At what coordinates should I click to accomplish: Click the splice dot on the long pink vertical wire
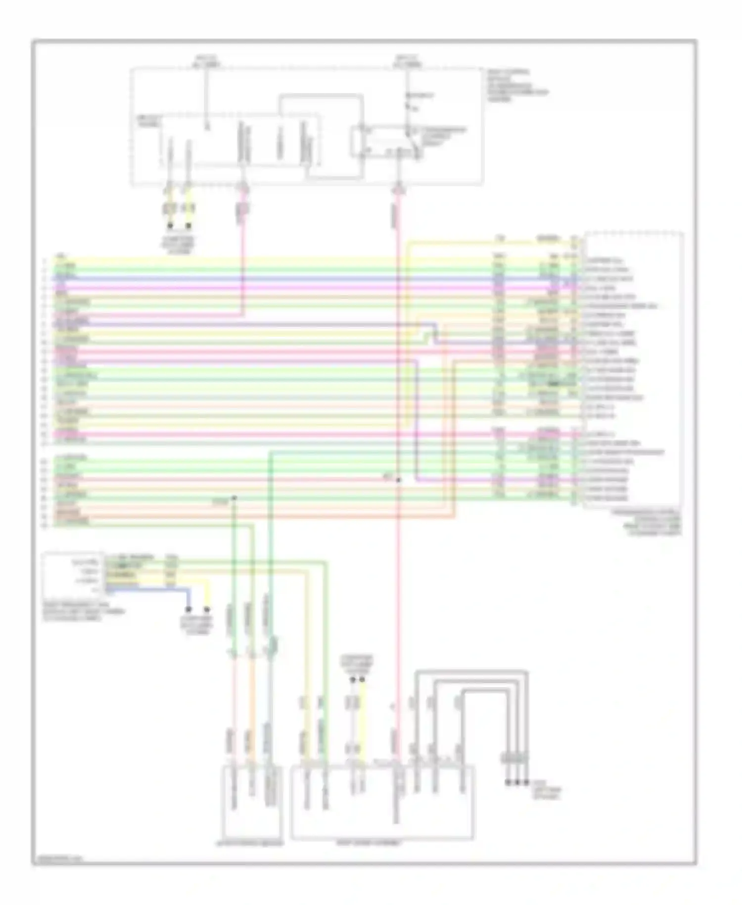click(398, 480)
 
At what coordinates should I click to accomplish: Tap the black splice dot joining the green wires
click(234, 498)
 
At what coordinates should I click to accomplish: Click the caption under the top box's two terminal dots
click(179, 245)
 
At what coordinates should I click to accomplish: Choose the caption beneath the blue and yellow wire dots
click(198, 625)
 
